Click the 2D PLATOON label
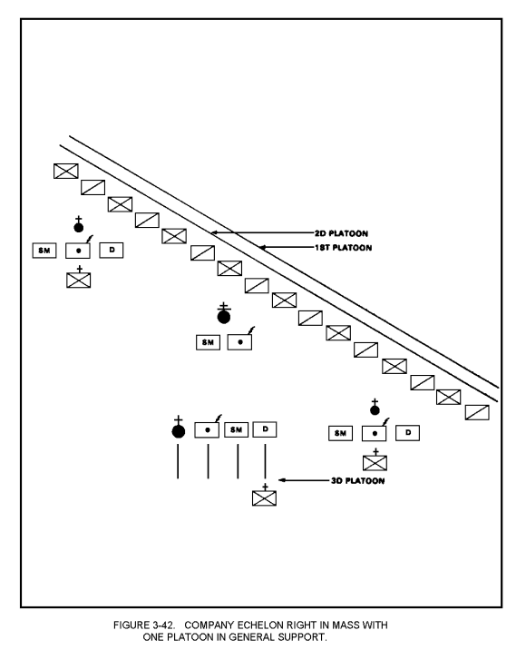point(341,233)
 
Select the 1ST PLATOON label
point(343,248)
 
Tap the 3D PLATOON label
point(357,480)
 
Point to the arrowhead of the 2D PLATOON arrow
point(214,232)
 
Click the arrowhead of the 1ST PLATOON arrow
point(262,248)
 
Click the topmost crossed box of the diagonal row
point(66,172)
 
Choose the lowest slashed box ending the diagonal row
point(477,412)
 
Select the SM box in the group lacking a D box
point(208,342)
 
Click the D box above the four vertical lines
point(265,429)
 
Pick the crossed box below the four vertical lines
point(264,498)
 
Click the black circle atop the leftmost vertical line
point(179,431)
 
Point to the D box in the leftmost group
point(112,250)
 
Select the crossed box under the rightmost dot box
point(375,463)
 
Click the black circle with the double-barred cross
point(224,317)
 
